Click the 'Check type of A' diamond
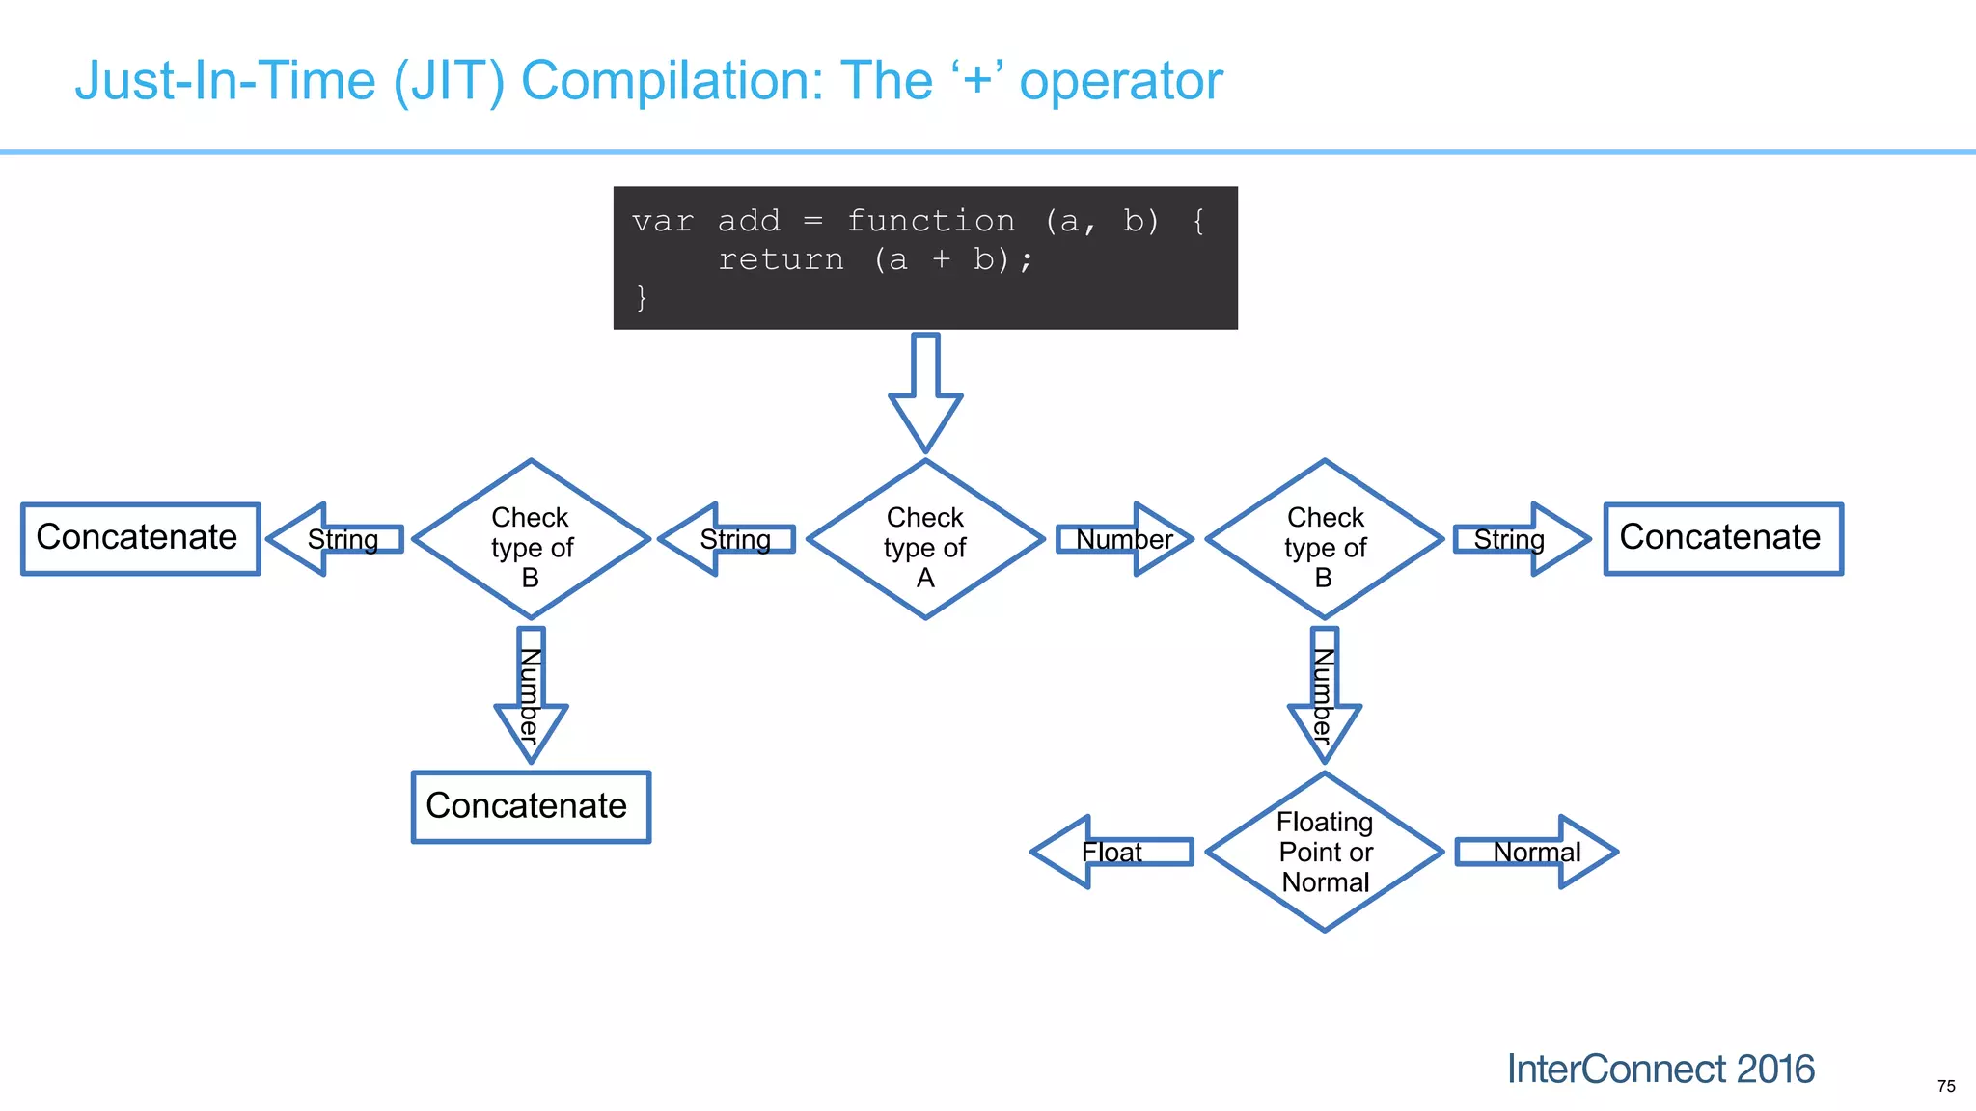(x=925, y=540)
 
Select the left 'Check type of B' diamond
(x=531, y=540)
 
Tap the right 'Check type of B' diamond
(x=1325, y=540)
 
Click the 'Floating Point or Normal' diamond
(x=1325, y=852)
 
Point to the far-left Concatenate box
(x=141, y=538)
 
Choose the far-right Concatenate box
(x=1723, y=538)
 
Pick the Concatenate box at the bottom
(x=531, y=806)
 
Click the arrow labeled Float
(x=1111, y=852)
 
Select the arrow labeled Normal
(x=1536, y=852)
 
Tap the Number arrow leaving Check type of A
(x=1124, y=539)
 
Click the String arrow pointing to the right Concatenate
(x=1520, y=539)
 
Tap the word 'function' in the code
(x=931, y=221)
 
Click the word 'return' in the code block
(x=781, y=259)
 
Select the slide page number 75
(x=1945, y=1086)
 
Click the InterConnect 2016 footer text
(x=1660, y=1069)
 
